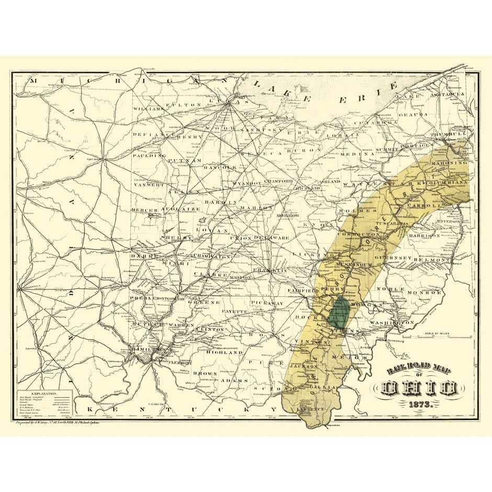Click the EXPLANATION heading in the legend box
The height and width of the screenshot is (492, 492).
pyautogui.click(x=44, y=392)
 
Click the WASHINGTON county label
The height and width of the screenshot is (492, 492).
pyautogui.click(x=392, y=323)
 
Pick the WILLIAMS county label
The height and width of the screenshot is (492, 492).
pyautogui.click(x=148, y=109)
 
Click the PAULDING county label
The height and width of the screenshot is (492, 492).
pyautogui.click(x=146, y=155)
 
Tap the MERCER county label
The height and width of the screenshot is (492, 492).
pyautogui.click(x=145, y=210)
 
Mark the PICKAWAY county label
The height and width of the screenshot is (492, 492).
pyautogui.click(x=266, y=303)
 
